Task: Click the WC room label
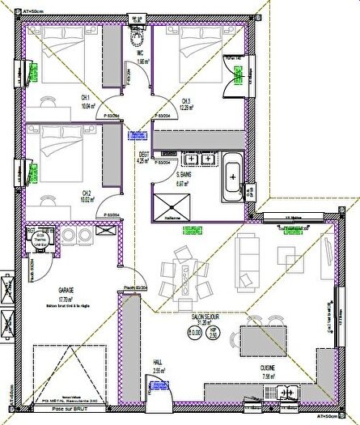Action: click(x=140, y=54)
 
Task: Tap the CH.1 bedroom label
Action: click(x=84, y=98)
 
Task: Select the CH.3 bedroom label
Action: click(x=186, y=101)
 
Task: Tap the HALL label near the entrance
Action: click(x=159, y=364)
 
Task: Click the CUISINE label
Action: click(x=268, y=368)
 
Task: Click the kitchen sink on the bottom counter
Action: click(x=287, y=393)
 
